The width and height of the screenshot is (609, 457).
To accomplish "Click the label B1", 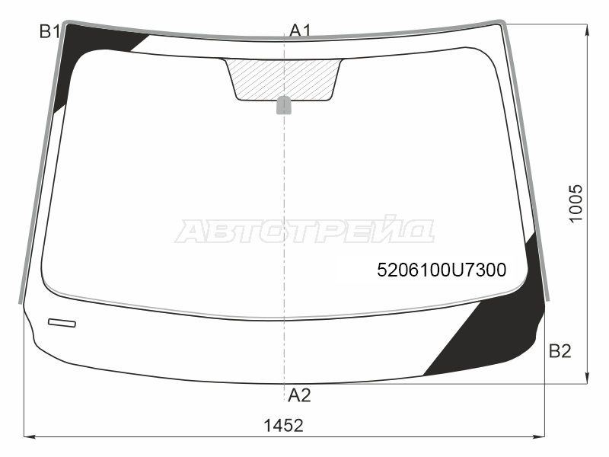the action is [49, 31].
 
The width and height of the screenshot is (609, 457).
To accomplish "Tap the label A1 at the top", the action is [301, 30].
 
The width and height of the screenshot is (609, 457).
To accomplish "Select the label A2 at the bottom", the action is [299, 395].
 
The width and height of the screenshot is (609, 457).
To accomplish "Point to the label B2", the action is [560, 351].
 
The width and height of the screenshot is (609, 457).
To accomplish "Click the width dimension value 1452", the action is [283, 426].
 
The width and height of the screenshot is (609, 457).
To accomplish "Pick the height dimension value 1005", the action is [576, 203].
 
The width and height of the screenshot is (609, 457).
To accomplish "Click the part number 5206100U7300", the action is [442, 270].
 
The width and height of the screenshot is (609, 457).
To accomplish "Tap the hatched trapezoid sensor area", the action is [284, 79].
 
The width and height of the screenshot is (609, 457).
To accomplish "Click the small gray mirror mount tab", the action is [284, 105].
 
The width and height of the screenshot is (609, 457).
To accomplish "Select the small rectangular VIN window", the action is [62, 322].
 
